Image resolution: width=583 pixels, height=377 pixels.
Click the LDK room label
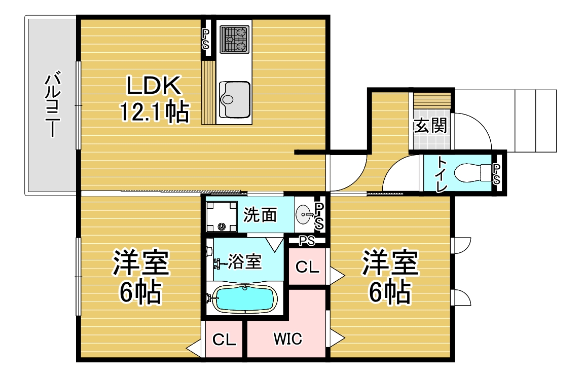pos(154,85)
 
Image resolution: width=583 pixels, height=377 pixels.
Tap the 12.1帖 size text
pos(154,111)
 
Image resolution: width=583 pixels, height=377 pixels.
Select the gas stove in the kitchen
pos(234,39)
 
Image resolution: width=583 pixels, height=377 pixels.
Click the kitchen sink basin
pos(234,99)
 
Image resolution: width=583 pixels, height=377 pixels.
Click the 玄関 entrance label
pos(430,125)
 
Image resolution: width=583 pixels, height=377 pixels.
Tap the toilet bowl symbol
pos(472,173)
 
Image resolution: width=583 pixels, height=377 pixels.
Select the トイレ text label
pos(441,174)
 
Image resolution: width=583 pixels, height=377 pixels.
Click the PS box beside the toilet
pos(496,174)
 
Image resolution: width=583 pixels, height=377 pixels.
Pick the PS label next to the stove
pos(206,39)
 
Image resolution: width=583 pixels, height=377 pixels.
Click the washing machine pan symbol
pos(222,216)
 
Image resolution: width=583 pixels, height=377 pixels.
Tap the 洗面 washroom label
pos(260,215)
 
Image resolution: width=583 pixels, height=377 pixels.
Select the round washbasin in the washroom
pos(304,214)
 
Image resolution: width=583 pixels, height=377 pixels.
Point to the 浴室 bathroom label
pos(244,261)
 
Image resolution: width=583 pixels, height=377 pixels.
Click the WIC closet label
pos(288,338)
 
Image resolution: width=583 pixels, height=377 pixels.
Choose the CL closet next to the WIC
pos(224,340)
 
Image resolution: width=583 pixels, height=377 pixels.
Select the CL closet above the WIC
pos(307,267)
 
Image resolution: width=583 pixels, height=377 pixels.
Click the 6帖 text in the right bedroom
pos(390,292)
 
